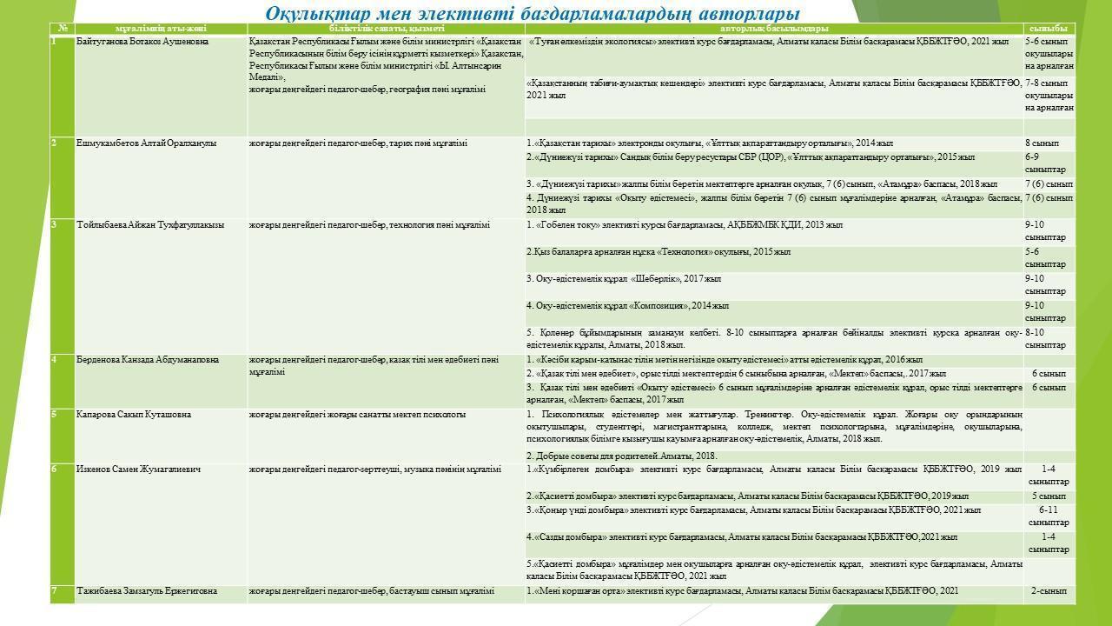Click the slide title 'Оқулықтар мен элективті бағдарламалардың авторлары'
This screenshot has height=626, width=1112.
[532, 14]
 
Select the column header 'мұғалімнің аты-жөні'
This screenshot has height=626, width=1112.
[161, 29]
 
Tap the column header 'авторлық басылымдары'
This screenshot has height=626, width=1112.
[774, 29]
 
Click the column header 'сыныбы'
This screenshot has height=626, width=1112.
[1049, 29]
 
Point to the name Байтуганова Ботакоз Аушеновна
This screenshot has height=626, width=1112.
[142, 42]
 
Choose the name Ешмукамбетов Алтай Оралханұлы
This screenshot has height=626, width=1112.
[147, 143]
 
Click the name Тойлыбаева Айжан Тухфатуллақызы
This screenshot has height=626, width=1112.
[150, 225]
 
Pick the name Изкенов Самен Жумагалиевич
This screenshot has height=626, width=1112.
[138, 469]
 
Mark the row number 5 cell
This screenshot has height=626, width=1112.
[55, 415]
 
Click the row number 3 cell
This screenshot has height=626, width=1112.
[55, 225]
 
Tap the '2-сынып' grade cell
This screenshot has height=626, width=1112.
[1049, 591]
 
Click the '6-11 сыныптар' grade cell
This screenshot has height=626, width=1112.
[1049, 516]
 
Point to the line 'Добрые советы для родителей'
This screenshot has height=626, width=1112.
[621, 456]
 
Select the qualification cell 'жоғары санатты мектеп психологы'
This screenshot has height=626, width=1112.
[357, 415]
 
